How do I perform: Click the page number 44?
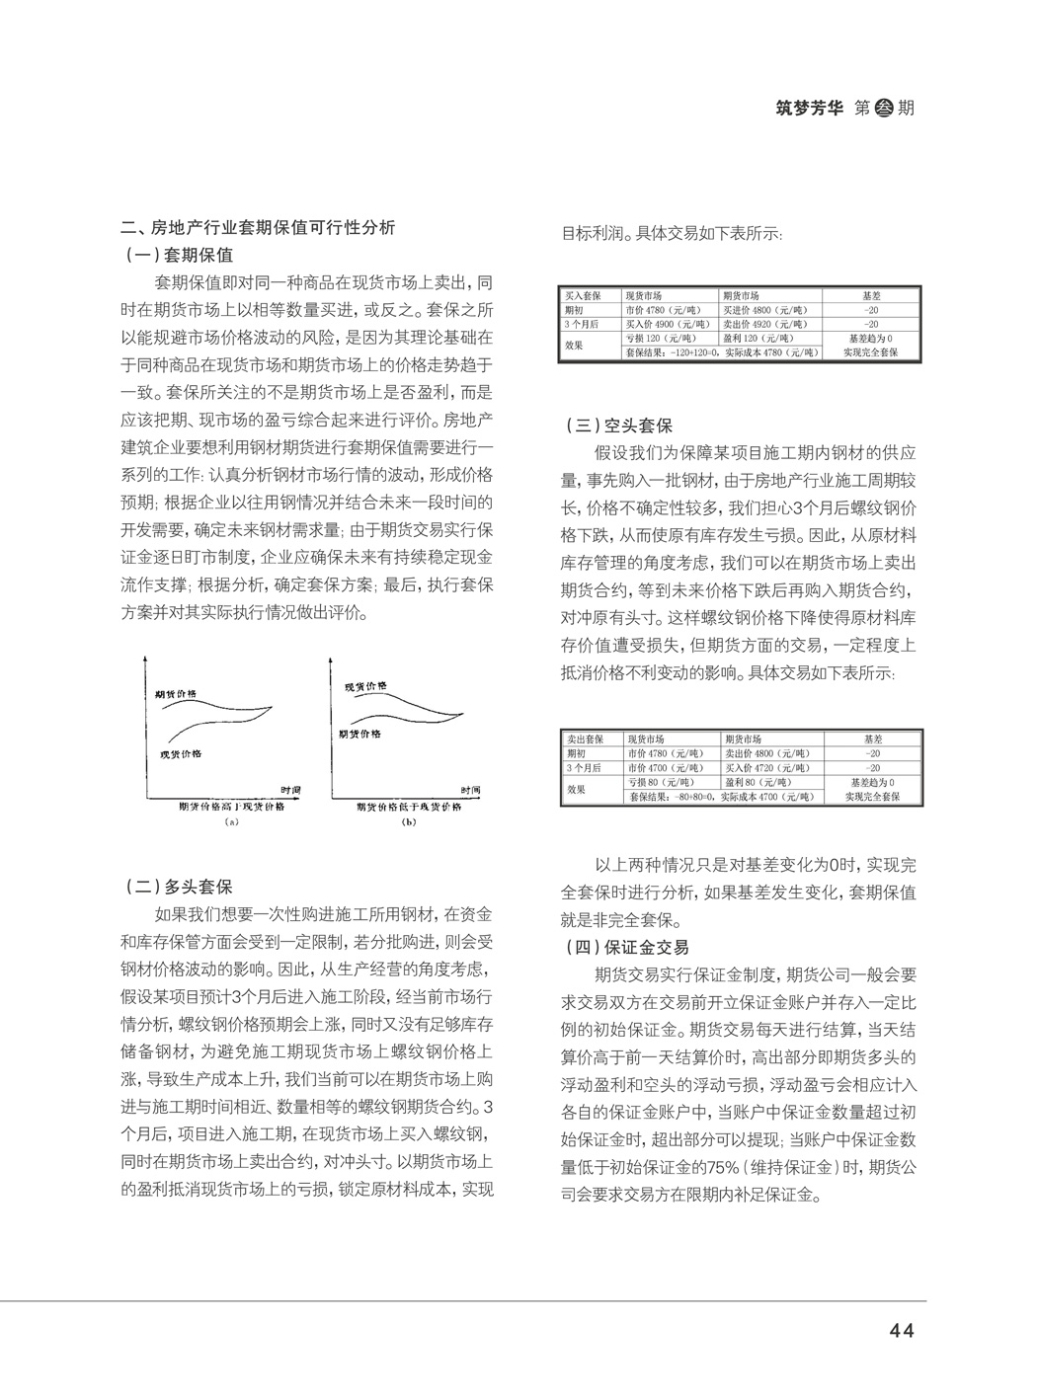901,1330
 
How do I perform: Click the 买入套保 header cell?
584,296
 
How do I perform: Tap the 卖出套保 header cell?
584,738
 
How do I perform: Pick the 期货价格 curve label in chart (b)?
360,734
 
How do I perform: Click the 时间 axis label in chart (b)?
470,791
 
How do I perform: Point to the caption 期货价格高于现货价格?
231,806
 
